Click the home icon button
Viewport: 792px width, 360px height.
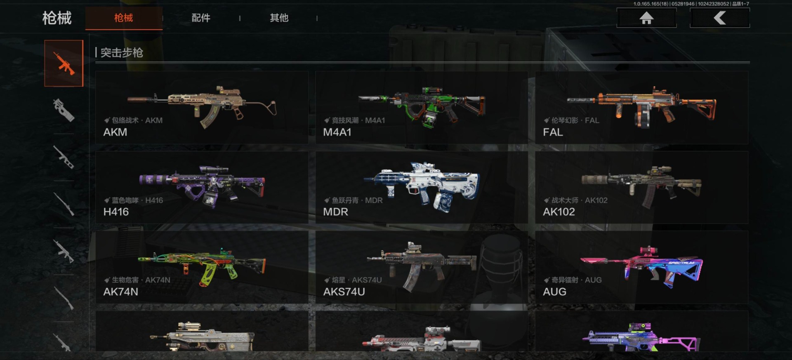(646, 18)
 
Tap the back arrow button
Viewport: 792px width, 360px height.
(720, 18)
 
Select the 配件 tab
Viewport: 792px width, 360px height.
(201, 18)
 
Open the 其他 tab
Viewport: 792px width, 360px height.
(279, 18)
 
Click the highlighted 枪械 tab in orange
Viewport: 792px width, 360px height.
(124, 18)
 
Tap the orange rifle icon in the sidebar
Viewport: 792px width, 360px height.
(64, 64)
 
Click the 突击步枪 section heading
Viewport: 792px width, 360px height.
(122, 53)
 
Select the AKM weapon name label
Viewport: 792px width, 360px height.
(115, 132)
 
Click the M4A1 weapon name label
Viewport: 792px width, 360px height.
(337, 132)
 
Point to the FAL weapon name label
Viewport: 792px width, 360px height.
(553, 132)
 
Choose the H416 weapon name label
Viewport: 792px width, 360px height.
(116, 212)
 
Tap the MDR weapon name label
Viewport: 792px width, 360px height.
(335, 212)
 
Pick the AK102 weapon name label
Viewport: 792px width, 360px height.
(559, 212)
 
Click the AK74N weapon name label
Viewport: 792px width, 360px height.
(120, 292)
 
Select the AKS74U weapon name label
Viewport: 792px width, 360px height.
(344, 292)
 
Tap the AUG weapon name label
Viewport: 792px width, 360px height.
(554, 292)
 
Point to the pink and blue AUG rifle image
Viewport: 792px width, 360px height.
(642, 267)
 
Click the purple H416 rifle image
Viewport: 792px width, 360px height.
(202, 186)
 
